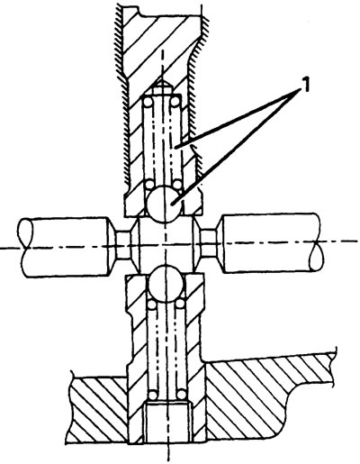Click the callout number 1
click(304, 86)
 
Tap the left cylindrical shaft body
click(66, 247)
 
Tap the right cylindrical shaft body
click(270, 242)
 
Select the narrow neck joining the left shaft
click(123, 246)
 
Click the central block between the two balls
click(166, 244)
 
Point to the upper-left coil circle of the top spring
click(148, 103)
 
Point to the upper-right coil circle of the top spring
click(175, 103)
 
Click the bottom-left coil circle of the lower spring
click(153, 394)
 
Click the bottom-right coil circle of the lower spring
click(181, 394)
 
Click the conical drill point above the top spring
click(162, 86)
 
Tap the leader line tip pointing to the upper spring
click(176, 147)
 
